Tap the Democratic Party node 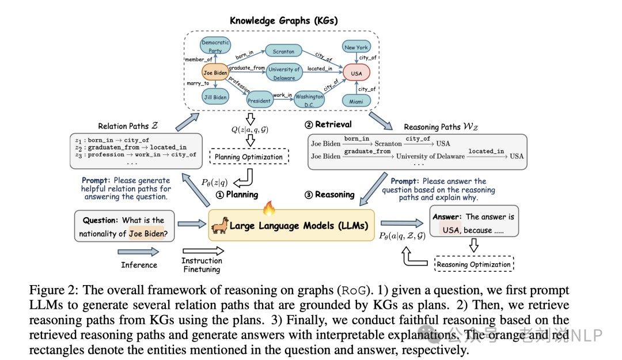[215, 46]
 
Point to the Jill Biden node [215, 97]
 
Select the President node [259, 101]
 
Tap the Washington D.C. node [310, 101]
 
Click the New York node [356, 48]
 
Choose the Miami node [356, 101]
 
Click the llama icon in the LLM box [219, 226]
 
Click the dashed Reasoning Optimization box [473, 264]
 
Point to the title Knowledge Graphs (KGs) [283, 20]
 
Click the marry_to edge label [198, 84]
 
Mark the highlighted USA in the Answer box [450, 230]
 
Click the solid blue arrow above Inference [138, 251]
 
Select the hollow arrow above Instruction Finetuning [202, 251]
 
